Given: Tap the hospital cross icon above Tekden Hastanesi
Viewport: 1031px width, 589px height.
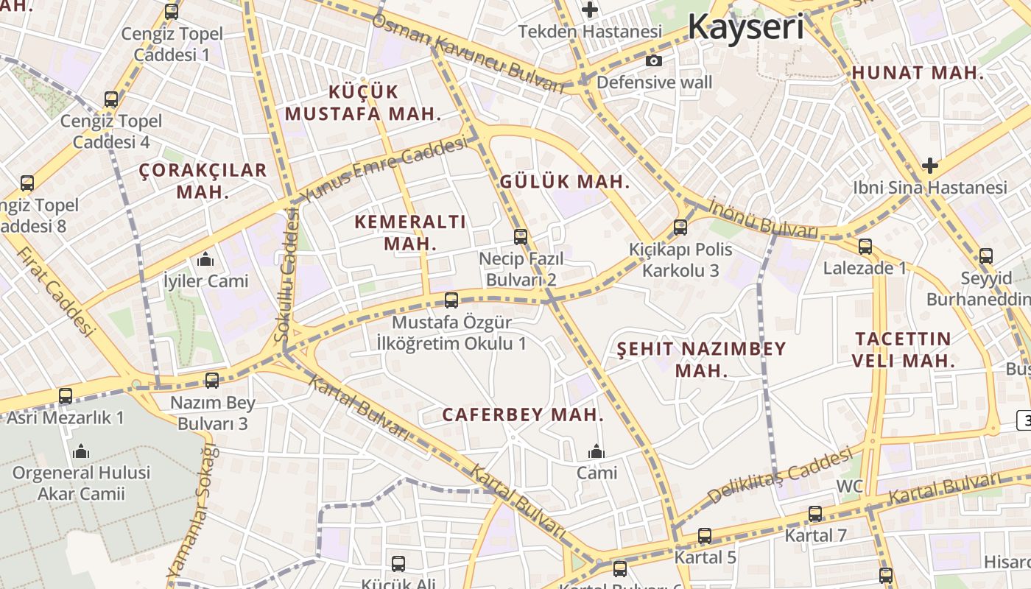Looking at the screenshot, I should (589, 10).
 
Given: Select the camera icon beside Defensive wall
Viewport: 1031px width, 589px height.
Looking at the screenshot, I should (653, 61).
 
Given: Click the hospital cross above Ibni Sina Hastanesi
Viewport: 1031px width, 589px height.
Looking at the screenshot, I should (930, 166).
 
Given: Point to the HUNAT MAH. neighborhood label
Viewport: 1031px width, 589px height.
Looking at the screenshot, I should (918, 73).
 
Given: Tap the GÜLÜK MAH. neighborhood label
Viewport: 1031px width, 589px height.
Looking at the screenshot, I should (565, 182).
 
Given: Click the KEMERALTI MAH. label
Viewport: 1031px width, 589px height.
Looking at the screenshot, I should (410, 232).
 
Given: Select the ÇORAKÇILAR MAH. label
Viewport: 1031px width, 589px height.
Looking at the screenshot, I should (203, 180).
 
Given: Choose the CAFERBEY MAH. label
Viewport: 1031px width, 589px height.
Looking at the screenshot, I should (522, 415).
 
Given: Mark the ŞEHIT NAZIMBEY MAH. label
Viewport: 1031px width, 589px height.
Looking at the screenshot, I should (701, 359).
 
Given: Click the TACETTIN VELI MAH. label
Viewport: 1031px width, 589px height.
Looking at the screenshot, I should (904, 350).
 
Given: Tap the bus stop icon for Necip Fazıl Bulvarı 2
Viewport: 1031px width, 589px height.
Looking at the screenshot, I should (521, 236).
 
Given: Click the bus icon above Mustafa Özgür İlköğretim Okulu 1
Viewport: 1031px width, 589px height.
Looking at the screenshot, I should (451, 300).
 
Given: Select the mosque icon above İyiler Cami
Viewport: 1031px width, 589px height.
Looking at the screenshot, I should (205, 259).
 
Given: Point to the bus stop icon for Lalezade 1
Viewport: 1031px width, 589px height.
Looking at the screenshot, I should (865, 246).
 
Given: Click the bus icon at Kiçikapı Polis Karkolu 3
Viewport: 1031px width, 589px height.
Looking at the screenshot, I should (680, 228).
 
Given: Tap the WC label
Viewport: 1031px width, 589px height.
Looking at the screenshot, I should (849, 487).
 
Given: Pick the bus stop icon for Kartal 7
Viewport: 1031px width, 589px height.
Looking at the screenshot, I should (815, 514).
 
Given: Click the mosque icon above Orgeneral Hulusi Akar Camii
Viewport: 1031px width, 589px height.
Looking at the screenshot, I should (81, 451).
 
